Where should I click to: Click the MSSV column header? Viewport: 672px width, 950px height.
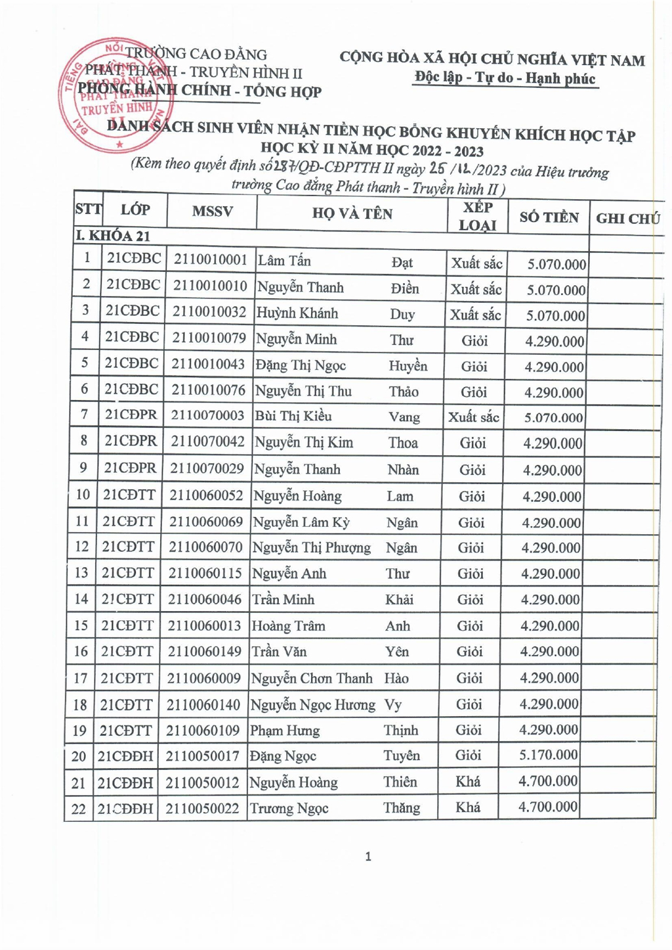[212, 212]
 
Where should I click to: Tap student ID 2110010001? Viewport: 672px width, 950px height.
[210, 260]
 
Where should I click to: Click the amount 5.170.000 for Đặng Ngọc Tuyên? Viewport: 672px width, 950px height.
[548, 755]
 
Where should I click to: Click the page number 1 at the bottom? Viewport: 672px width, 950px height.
[368, 856]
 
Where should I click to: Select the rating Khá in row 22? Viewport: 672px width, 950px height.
[468, 807]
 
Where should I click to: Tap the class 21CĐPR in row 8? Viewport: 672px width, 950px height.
[131, 441]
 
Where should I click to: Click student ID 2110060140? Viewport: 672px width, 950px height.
[203, 705]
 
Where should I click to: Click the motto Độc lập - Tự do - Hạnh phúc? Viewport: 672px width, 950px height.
[505, 78]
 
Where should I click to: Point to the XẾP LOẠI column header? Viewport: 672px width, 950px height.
[478, 216]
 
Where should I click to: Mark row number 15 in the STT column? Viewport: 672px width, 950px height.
[81, 625]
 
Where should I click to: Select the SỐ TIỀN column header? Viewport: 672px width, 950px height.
[549, 217]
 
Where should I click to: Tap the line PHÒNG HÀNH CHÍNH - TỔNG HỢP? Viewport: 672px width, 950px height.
[199, 91]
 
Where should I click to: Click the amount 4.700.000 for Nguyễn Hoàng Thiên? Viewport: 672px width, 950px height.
[548, 781]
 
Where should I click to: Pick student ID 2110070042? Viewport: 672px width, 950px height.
[207, 441]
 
